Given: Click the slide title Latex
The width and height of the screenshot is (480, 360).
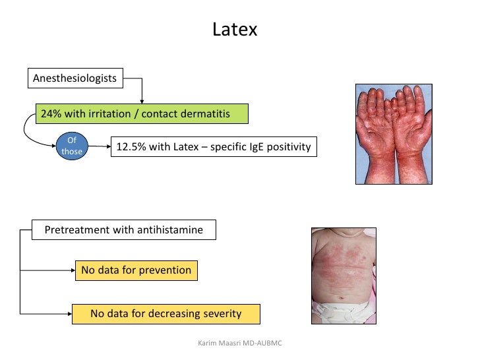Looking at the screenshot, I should point(234,30).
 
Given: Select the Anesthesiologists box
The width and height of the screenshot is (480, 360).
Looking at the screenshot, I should point(75,78).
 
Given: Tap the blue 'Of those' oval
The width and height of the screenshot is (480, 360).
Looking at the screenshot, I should point(72,146).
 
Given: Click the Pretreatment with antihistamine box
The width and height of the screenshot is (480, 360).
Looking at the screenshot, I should point(123,230).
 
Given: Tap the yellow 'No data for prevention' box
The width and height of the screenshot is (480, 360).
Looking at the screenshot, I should point(136,270).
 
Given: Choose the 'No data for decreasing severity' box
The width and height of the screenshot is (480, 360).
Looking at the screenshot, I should point(165,313).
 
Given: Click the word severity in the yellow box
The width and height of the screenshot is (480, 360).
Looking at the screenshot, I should point(220,313).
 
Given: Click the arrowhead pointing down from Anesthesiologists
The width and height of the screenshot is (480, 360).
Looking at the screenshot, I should point(142,100).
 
